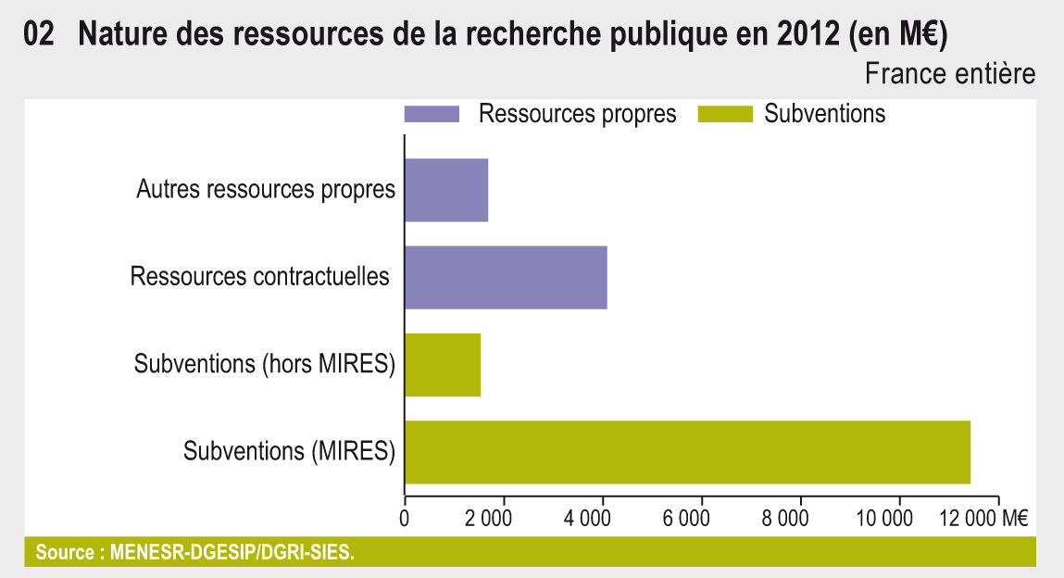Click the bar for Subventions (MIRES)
[x=687, y=452]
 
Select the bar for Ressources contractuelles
[x=506, y=277]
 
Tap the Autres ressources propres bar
[x=446, y=190]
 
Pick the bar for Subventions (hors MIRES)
[x=443, y=365]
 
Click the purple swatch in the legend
[x=432, y=114]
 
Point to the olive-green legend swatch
[x=719, y=114]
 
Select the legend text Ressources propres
[x=577, y=114]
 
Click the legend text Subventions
[x=825, y=114]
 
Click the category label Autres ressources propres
[x=266, y=190]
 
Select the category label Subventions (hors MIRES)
[x=265, y=364]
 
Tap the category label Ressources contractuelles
[x=260, y=277]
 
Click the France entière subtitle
[x=950, y=73]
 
